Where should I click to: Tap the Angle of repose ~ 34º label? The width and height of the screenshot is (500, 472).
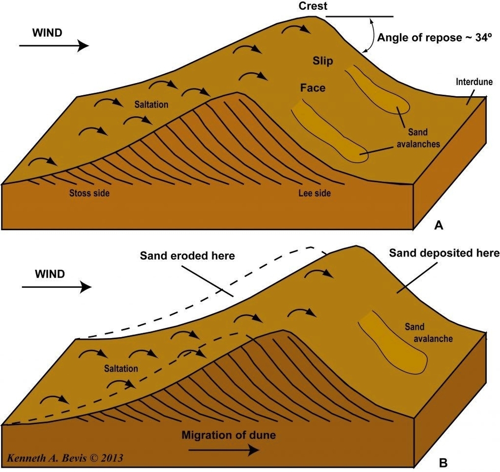point(434,37)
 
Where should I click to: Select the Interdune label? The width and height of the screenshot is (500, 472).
point(474,81)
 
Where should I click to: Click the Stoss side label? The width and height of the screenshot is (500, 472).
point(89,193)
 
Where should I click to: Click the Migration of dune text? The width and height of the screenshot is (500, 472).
point(228,436)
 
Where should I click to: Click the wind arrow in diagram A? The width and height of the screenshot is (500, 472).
point(54,46)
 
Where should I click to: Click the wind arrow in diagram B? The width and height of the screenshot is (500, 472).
point(56,287)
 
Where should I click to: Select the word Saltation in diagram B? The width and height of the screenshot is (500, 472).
point(121,368)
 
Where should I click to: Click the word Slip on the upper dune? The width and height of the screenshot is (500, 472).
point(323,61)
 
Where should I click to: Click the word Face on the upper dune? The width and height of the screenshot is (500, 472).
point(312,88)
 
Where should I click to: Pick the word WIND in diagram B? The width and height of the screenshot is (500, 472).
point(50,274)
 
